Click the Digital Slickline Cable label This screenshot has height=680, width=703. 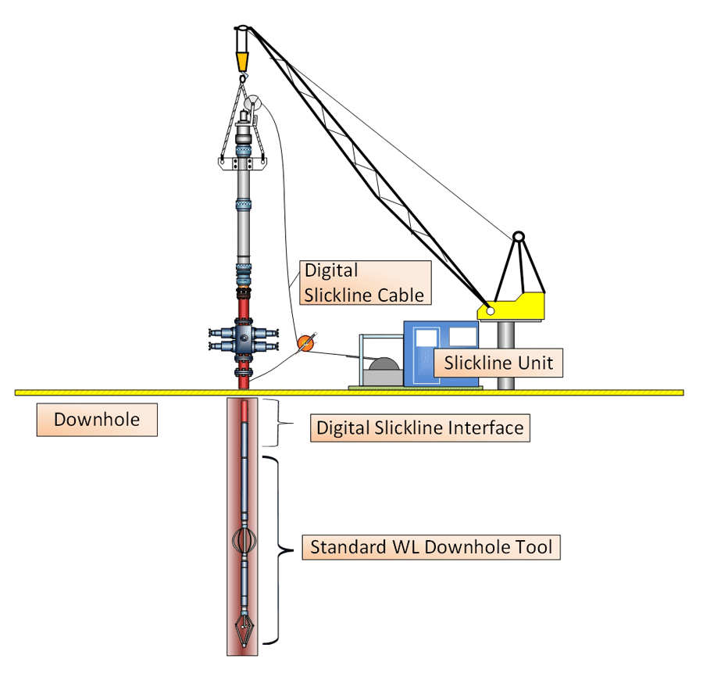click(x=364, y=283)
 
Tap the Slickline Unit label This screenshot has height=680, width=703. click(x=498, y=363)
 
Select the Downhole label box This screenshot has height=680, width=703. click(x=96, y=420)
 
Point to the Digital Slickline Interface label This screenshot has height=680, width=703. click(x=419, y=428)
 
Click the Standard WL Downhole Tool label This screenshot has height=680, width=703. click(x=431, y=546)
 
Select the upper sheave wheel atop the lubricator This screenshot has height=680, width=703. click(x=253, y=104)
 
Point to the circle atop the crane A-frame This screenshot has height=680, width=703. click(x=517, y=236)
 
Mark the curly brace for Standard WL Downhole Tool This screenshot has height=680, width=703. click(x=274, y=549)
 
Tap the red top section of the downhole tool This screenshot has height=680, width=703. click(x=245, y=410)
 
